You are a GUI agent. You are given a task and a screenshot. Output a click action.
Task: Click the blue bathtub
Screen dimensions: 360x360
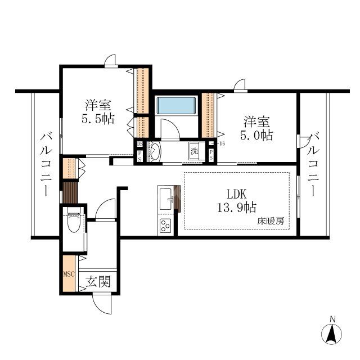pyautogui.click(x=176, y=105)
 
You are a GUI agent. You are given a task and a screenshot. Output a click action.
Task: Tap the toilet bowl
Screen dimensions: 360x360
pyautogui.click(x=74, y=220)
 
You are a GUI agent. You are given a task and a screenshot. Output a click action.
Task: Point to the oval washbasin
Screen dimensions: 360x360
pyautogui.click(x=155, y=151)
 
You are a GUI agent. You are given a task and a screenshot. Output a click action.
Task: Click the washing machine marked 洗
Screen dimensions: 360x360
pyautogui.click(x=194, y=151)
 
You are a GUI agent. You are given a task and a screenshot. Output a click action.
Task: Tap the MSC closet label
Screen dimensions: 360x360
pyautogui.click(x=69, y=274)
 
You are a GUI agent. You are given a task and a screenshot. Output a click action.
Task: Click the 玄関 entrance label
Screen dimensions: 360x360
pyautogui.click(x=98, y=281)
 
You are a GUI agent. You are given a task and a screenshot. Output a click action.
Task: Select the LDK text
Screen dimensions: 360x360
pyautogui.click(x=236, y=194)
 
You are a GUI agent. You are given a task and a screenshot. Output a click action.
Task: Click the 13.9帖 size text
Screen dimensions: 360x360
pyautogui.click(x=236, y=208)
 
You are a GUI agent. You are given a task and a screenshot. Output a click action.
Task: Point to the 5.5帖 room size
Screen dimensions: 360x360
pyautogui.click(x=98, y=119)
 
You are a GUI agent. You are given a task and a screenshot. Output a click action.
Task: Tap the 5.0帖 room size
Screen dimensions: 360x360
pyautogui.click(x=256, y=135)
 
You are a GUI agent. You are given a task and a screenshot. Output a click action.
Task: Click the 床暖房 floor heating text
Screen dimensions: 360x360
pyautogui.click(x=271, y=221)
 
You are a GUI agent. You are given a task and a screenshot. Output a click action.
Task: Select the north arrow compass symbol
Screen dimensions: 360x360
pyautogui.click(x=331, y=332)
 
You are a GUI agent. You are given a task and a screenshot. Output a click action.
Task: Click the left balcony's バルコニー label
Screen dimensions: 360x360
pyautogui.click(x=46, y=164)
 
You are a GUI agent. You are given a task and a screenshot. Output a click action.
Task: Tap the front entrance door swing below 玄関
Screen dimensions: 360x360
pyautogui.click(x=102, y=304)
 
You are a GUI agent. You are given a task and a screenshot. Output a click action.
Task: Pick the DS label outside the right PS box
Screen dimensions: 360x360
pyautogui.click(x=222, y=144)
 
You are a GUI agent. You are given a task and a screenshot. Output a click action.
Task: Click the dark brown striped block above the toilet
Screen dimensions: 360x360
pyautogui.click(x=70, y=192)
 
